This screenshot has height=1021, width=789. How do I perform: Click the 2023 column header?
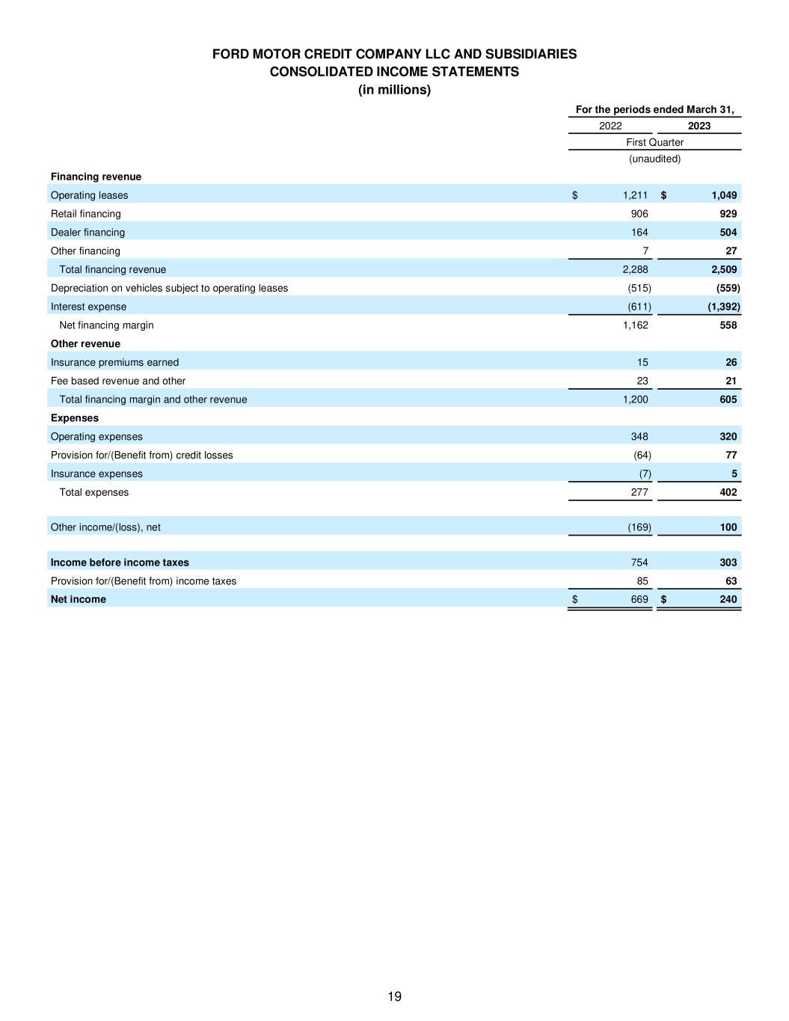(699, 126)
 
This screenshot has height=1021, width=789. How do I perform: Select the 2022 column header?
(610, 126)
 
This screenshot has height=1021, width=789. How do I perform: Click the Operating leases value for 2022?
(635, 195)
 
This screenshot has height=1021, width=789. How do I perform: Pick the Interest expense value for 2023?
(723, 307)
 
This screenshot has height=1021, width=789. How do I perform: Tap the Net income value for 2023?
(728, 599)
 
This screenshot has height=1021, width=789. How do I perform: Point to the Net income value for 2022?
(639, 599)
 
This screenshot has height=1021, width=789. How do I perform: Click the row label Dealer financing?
(88, 233)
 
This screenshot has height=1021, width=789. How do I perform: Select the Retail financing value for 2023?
(728, 214)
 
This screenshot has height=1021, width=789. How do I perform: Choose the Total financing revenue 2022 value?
(635, 269)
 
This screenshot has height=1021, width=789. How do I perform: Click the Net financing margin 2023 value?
(728, 325)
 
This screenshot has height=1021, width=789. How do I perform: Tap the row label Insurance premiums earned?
(114, 363)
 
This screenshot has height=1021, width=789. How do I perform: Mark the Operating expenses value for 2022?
(639, 437)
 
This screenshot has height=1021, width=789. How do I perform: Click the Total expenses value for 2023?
(728, 492)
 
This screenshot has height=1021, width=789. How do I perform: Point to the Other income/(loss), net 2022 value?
(639, 527)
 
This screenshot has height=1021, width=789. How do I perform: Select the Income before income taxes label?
(120, 562)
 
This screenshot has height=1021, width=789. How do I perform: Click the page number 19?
(394, 996)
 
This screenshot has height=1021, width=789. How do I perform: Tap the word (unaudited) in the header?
(654, 159)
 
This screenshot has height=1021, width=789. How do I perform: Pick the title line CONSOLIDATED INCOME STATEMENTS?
(394, 72)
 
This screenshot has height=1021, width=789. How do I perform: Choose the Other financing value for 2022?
(645, 251)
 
